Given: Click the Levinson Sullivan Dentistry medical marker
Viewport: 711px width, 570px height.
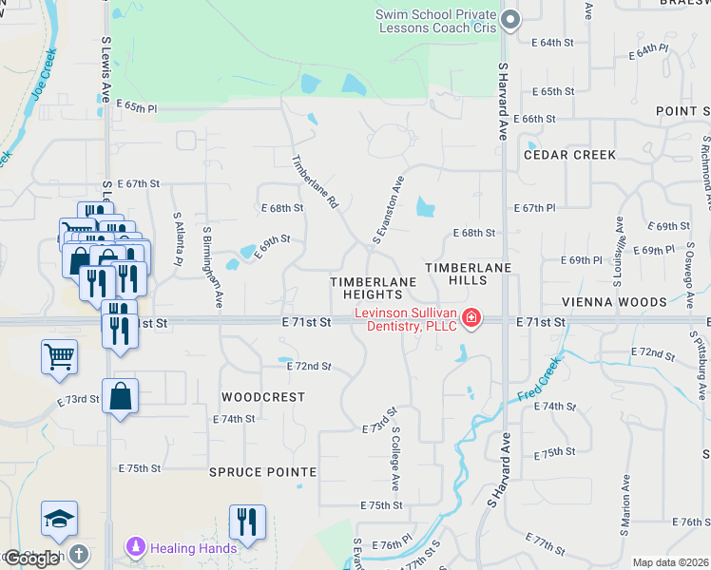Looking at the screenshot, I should point(471,317).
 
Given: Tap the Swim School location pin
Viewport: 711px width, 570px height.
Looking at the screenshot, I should point(511,19).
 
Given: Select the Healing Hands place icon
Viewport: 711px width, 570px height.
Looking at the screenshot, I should point(135,547).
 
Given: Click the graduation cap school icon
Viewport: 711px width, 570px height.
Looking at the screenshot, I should point(59,518).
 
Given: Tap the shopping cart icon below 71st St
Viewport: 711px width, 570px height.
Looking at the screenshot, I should point(59,356).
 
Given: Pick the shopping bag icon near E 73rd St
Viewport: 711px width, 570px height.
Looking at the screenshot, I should point(121,396).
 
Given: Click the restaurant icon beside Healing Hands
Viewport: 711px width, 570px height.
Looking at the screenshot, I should point(247,522).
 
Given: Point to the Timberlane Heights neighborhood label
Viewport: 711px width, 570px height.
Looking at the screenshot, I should point(373,288).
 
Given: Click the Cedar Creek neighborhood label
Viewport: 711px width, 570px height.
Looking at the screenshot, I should point(569,154).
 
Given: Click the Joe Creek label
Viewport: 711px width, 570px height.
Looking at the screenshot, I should point(43,75).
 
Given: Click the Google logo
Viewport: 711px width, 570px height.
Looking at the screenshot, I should point(31,559).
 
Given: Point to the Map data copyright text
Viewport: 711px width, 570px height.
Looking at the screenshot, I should point(670,562).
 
